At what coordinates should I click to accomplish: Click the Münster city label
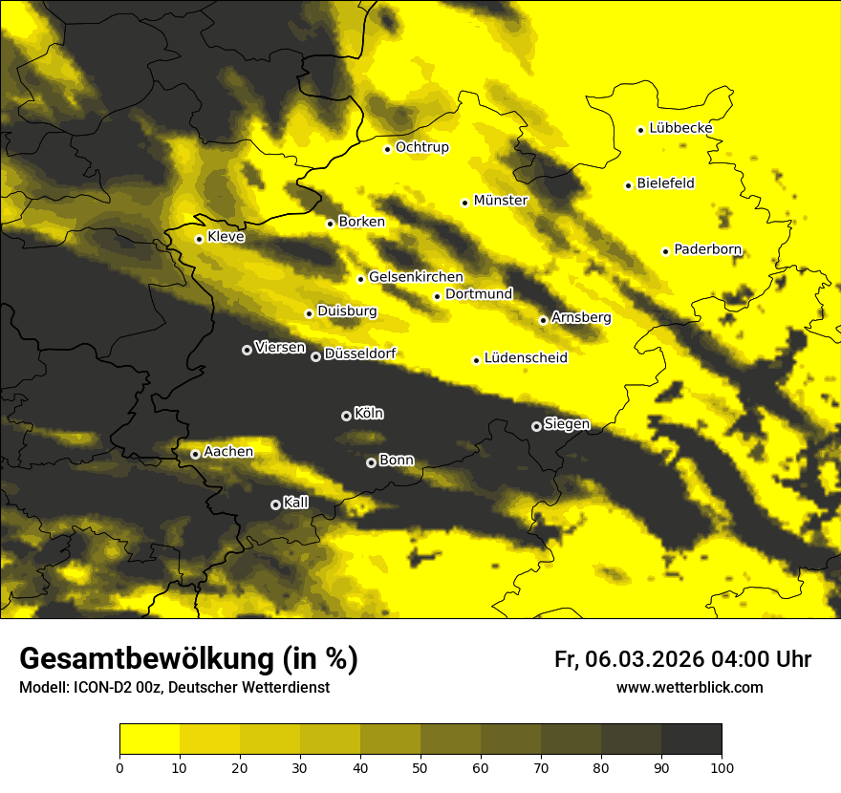(500, 201)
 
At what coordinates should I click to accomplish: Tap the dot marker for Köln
(346, 416)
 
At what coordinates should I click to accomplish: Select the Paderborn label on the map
(707, 250)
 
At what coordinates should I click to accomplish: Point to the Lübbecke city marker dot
(640, 130)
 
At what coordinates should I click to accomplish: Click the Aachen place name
(228, 452)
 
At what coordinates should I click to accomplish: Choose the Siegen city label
(567, 424)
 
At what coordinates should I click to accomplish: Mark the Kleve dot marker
(199, 239)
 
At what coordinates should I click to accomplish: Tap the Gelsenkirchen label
(416, 277)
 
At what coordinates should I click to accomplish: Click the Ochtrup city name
(421, 147)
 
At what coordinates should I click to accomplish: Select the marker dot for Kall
(275, 504)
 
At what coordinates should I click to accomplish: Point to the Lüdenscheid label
(526, 358)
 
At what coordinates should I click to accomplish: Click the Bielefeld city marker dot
(628, 185)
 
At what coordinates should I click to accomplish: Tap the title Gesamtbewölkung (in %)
(188, 659)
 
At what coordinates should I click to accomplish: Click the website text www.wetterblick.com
(689, 687)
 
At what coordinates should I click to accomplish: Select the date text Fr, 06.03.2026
(628, 659)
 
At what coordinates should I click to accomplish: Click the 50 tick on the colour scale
(420, 766)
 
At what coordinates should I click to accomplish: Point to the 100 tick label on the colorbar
(722, 766)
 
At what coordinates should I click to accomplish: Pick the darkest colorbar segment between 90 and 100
(691, 739)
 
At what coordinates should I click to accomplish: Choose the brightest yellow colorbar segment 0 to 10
(149, 739)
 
